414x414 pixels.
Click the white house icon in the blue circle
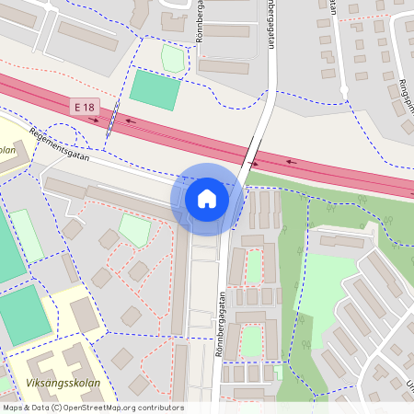[207, 198]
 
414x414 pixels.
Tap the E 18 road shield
[85, 109]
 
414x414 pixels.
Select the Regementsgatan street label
[59, 144]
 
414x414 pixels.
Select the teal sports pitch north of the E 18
[155, 88]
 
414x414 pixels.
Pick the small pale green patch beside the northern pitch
[172, 58]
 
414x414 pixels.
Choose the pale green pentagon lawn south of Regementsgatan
[134, 230]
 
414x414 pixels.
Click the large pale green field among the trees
[324, 285]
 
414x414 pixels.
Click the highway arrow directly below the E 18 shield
[93, 120]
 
